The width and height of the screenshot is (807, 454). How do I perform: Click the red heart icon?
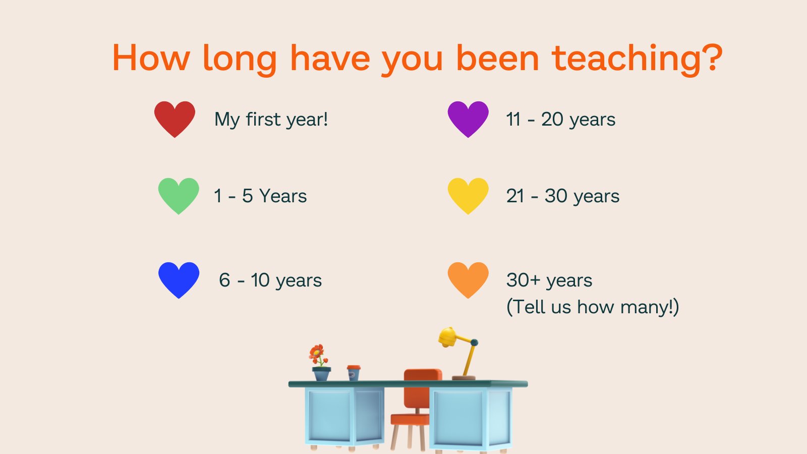pos(175,119)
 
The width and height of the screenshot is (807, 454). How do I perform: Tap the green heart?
pos(179,195)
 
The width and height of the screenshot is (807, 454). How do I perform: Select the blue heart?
pos(179,279)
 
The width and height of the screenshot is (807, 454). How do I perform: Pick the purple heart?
pos(468,119)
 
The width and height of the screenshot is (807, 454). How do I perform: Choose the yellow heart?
pos(468,195)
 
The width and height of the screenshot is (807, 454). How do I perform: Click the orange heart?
pos(468,279)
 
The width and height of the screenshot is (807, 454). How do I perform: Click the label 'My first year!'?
pos(271,120)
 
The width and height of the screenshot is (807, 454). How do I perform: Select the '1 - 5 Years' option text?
pos(260,196)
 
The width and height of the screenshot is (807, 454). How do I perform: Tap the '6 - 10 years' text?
pos(270,280)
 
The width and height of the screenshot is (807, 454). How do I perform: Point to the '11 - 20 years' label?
pos(560,120)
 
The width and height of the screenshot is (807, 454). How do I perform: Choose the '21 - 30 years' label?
pos(562,196)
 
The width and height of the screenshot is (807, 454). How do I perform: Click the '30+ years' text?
pos(549,280)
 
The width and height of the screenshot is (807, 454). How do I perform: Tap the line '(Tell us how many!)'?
pos(593,307)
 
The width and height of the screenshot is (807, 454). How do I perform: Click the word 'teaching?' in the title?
pos(638,59)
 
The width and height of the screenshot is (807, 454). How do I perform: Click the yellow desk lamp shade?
pos(447,337)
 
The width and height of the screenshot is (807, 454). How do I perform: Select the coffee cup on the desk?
pos(354,373)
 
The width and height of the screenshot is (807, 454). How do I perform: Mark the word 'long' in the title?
pos(240,60)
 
